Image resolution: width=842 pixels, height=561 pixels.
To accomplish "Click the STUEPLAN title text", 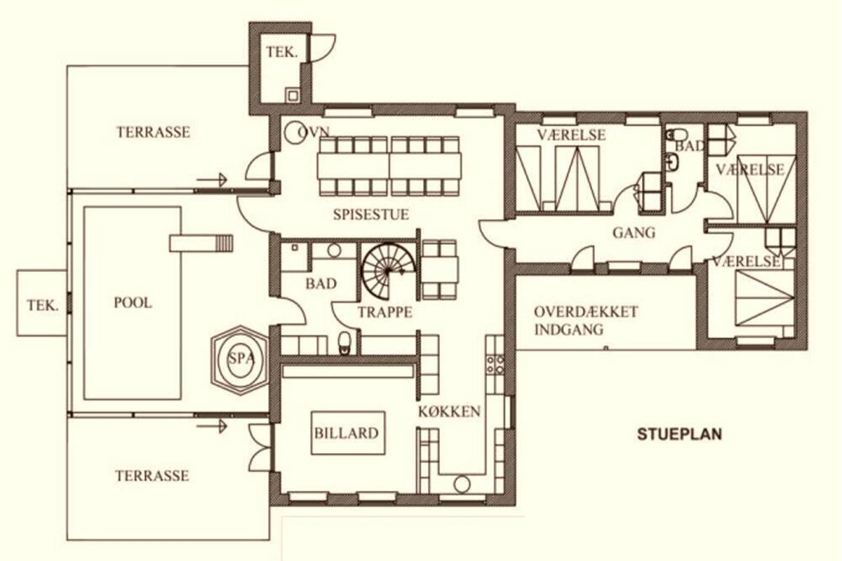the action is pos(680,434).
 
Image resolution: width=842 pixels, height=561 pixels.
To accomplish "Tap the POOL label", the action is pos(133,303).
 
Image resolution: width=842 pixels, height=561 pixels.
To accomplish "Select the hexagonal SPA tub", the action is pos(240,360).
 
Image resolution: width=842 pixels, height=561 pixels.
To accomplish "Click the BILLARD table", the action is pos(348,433).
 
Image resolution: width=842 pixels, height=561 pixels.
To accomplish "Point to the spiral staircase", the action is pos(388,271).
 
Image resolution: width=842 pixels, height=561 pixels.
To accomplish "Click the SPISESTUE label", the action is pos(371,215).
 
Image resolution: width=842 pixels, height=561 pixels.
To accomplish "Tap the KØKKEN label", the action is pos(450,412).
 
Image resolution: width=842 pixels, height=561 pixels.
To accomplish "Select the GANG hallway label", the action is pos(634,233).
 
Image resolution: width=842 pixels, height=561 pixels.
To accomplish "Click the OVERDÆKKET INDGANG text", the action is pos(586,320).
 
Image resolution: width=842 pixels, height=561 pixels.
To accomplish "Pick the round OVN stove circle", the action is pos(294,133).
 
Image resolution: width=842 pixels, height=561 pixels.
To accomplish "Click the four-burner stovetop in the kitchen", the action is pos(495,365).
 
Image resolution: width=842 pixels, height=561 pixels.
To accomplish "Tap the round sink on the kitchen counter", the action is pos(462,485).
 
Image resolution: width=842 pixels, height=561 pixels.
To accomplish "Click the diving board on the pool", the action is pos(201,243).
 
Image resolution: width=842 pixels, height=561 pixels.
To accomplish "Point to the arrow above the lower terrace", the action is pos(212,426).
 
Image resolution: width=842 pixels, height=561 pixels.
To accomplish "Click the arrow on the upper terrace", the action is pos(212,180).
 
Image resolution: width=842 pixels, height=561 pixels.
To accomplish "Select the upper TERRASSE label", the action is pos(154,133).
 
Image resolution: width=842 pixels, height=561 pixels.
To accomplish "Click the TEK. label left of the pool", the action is pos(43,306).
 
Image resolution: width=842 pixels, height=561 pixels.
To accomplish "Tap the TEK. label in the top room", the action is pos(282,52).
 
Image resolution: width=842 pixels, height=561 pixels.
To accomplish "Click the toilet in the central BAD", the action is pos(345,344).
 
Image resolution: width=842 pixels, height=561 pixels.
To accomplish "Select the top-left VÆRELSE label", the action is pos(571,135).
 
